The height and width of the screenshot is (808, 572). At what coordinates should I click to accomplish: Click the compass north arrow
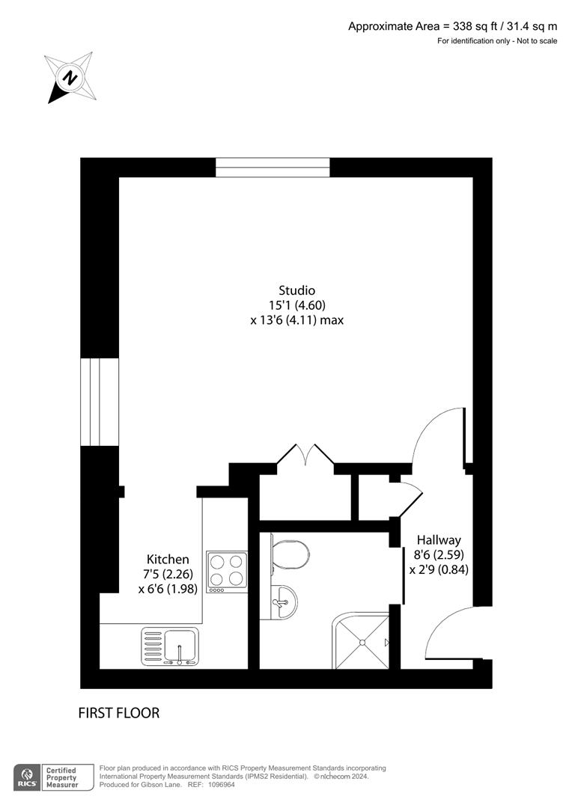point(70,77)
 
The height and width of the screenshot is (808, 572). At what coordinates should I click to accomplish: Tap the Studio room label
point(296,290)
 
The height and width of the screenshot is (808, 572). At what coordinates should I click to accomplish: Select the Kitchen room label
point(168,559)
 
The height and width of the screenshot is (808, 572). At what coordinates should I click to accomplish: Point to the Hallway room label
point(439,539)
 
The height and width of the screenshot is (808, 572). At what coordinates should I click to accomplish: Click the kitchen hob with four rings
point(227,571)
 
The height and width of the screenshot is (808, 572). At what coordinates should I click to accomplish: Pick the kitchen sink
point(170,646)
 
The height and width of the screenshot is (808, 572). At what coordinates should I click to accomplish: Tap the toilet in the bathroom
point(290,554)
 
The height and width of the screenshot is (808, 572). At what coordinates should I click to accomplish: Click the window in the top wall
point(273,167)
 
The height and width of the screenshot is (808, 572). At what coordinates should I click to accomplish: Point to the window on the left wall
point(100,402)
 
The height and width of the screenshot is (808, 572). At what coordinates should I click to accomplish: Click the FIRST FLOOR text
point(119,713)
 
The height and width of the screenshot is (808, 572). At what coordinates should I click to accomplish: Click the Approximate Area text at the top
point(452,26)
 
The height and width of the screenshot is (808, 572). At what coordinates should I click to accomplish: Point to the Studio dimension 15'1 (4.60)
point(297,304)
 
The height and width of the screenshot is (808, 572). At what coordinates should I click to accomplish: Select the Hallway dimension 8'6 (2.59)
point(439,554)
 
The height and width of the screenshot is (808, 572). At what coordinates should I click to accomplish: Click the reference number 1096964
point(222,784)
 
